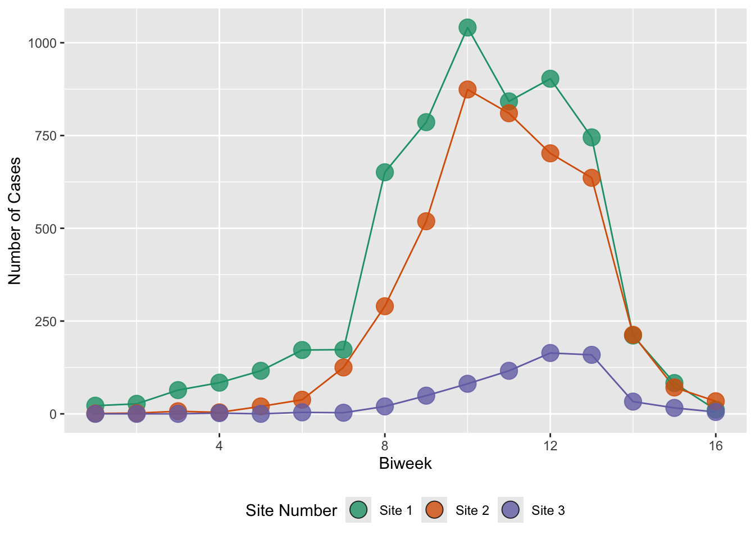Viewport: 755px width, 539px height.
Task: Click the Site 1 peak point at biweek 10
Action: pyautogui.click(x=467, y=28)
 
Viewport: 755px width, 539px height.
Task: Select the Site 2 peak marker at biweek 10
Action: pyautogui.click(x=467, y=90)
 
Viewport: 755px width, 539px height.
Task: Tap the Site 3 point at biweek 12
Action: pyautogui.click(x=550, y=353)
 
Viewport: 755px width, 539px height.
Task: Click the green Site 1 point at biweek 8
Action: pyautogui.click(x=385, y=172)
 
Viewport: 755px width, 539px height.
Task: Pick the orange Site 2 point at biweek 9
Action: pyautogui.click(x=426, y=221)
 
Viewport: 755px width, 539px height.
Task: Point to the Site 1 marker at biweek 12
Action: pyautogui.click(x=550, y=79)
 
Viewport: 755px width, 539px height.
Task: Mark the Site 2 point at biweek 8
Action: pyautogui.click(x=385, y=306)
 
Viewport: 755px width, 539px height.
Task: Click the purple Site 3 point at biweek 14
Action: pyautogui.click(x=633, y=401)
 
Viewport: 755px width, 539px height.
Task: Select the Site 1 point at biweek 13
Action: pyautogui.click(x=592, y=137)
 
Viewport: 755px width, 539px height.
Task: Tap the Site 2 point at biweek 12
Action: pyautogui.click(x=550, y=153)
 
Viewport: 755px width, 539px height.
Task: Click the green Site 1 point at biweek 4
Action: pyautogui.click(x=219, y=382)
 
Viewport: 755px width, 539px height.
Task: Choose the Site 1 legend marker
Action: pyautogui.click(x=358, y=510)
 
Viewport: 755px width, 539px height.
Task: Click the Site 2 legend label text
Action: pyautogui.click(x=472, y=510)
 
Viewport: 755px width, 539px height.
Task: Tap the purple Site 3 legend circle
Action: pyautogui.click(x=510, y=510)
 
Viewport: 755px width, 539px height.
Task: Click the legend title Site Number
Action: pyautogui.click(x=291, y=510)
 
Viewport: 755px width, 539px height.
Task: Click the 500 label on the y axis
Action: pyautogui.click(x=46, y=229)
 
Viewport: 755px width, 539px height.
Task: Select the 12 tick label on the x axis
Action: pyautogui.click(x=550, y=446)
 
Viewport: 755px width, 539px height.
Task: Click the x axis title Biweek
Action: pyautogui.click(x=405, y=464)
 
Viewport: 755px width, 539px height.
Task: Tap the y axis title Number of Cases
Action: pyautogui.click(x=15, y=221)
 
